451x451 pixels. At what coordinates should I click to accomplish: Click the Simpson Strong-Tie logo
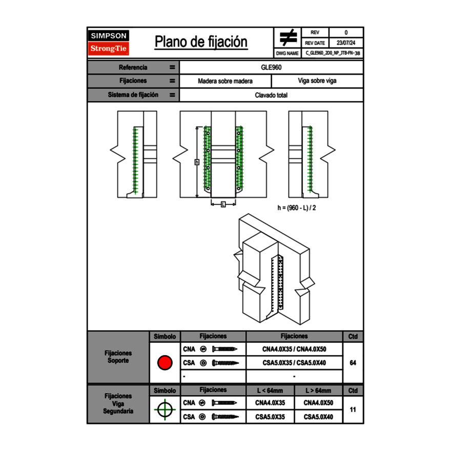point(109,43)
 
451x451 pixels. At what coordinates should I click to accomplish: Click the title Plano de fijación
point(201,42)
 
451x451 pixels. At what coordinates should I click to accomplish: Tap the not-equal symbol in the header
point(288,37)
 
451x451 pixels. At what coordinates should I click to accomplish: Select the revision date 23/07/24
point(346,43)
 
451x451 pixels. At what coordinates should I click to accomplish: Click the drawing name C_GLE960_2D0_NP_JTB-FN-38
point(333,53)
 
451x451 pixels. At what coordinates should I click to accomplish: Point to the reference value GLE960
point(272,67)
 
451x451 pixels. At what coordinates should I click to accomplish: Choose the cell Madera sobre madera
point(225,81)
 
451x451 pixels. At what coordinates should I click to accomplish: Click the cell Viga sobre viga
point(317,81)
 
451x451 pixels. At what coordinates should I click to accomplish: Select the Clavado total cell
point(272,95)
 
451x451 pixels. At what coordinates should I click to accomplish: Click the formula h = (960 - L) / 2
point(297,208)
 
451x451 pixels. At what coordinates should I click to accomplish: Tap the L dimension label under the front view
point(223,204)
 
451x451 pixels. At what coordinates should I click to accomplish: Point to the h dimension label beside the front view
point(197,162)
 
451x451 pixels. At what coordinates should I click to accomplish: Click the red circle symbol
point(165,362)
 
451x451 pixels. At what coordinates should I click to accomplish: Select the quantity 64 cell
point(353,363)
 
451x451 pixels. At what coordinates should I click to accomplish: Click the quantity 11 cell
point(353,409)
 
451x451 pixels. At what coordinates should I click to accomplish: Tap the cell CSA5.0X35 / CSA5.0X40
point(294,363)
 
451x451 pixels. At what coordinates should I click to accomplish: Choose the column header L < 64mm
point(270,391)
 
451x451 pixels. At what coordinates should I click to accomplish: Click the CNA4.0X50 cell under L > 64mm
point(318,403)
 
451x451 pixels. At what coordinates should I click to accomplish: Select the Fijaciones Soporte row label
point(118,357)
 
